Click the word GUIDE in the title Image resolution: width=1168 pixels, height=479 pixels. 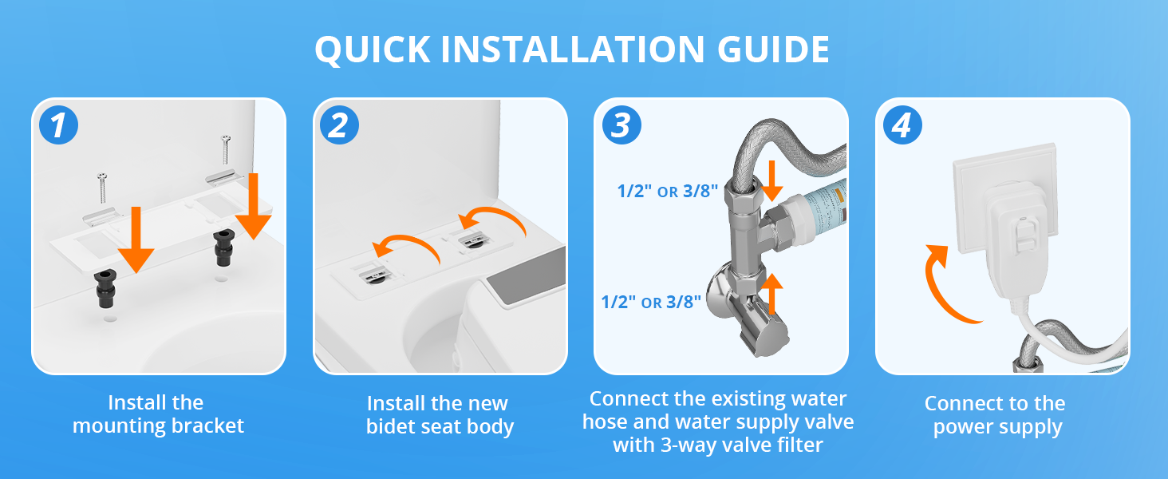point(773,49)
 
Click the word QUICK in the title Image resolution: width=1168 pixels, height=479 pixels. point(373,50)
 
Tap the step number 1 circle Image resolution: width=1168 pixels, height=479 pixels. point(58,125)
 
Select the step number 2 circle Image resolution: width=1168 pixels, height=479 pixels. point(339,125)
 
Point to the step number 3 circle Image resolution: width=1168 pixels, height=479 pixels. point(621,125)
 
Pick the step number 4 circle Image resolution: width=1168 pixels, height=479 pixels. point(902,125)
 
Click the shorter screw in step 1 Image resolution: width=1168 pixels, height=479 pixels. point(102,188)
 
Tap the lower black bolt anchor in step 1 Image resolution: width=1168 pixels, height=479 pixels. point(105,288)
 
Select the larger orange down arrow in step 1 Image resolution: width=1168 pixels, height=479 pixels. point(254,206)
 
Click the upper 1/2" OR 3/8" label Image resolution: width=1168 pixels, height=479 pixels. point(668,191)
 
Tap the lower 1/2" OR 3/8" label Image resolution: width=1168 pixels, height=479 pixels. point(651,302)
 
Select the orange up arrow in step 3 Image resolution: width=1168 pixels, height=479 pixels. point(771,294)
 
